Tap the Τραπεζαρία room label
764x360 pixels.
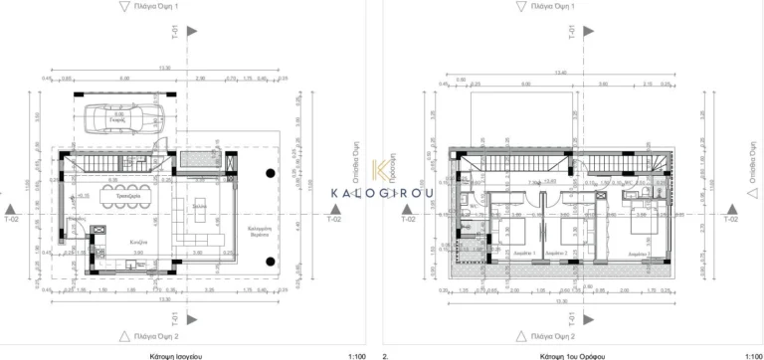click(126, 198)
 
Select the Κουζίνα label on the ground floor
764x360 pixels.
click(139, 242)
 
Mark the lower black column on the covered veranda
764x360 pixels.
click(270, 262)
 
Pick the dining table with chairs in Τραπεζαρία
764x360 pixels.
click(126, 185)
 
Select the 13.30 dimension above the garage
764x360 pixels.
click(165, 68)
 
